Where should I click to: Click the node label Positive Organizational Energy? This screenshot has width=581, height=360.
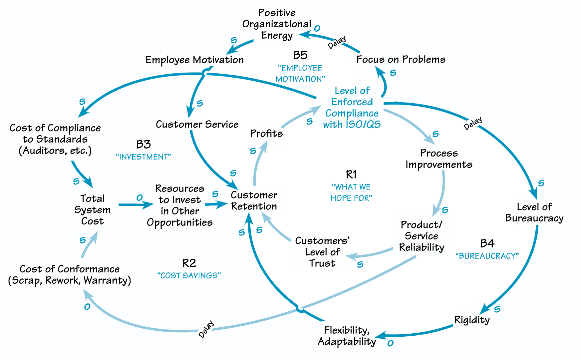[277, 24]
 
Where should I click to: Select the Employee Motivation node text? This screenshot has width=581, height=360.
[194, 60]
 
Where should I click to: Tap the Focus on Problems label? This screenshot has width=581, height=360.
[401, 60]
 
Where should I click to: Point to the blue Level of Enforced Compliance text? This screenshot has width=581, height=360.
[352, 108]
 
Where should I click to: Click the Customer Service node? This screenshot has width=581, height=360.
[197, 125]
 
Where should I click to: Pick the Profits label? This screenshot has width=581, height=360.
[266, 134]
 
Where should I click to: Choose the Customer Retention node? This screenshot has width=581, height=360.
[254, 201]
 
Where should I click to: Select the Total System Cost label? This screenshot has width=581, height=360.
[93, 210]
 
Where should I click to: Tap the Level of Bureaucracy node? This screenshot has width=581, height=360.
[534, 212]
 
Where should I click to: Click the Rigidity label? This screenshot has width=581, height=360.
[472, 320]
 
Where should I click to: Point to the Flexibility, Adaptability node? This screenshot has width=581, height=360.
[347, 336]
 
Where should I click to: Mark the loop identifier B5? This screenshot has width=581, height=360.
[300, 55]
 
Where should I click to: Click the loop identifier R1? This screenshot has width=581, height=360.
[351, 175]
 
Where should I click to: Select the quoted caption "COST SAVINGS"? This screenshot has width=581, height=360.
[189, 276]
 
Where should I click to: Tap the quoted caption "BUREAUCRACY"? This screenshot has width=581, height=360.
[487, 256]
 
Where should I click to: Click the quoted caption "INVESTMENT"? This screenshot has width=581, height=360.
[144, 157]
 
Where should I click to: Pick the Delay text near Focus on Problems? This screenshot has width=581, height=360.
[337, 43]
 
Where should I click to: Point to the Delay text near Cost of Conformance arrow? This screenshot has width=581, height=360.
[206, 329]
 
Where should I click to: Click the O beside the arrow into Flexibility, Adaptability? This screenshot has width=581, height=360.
[390, 343]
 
